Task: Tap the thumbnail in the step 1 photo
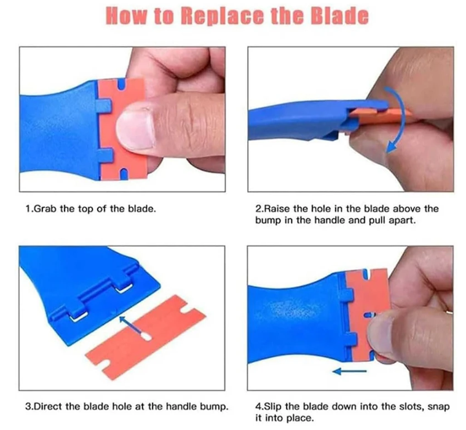coord(135,130)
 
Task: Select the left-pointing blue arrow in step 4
coord(349,371)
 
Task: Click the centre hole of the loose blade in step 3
coord(146,336)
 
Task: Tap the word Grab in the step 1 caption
coord(47,209)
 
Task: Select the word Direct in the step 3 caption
coord(48,406)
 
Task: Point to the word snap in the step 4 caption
coord(438,407)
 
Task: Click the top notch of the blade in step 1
coord(121,84)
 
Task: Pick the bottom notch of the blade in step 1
coord(124,174)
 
